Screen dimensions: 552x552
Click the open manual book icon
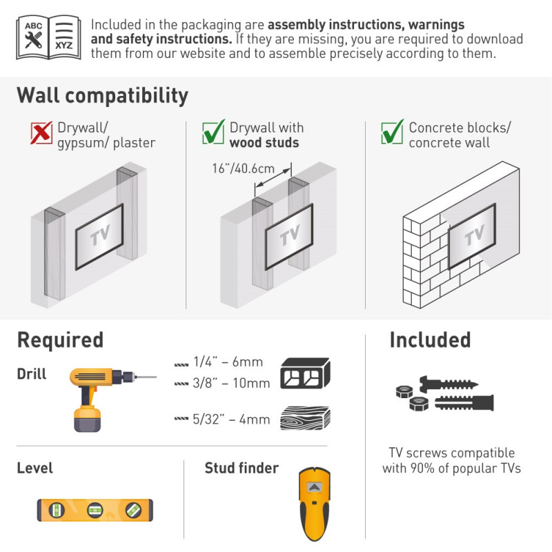tap(48, 37)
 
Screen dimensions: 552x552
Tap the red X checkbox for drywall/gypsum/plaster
tap(41, 132)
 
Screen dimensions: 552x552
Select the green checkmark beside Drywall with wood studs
tap(213, 132)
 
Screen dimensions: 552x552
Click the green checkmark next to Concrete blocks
tap(392, 132)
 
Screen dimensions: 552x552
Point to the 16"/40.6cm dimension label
tap(244, 168)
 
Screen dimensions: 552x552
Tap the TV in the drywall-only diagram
tap(99, 237)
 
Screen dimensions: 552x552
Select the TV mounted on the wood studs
tap(289, 237)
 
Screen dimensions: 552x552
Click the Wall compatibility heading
tap(102, 96)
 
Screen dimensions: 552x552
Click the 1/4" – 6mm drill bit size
tap(228, 362)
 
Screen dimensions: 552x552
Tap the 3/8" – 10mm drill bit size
tap(231, 383)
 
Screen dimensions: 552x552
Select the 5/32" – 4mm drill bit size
tap(231, 420)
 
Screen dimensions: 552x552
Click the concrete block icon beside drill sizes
tap(305, 373)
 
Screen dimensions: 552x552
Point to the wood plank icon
tap(305, 418)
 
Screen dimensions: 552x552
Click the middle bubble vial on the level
tap(95, 510)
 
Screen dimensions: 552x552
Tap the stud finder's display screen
tap(315, 488)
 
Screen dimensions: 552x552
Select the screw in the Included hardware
tap(448, 384)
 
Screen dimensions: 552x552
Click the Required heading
tap(60, 340)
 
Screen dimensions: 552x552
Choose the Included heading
tap(430, 340)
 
